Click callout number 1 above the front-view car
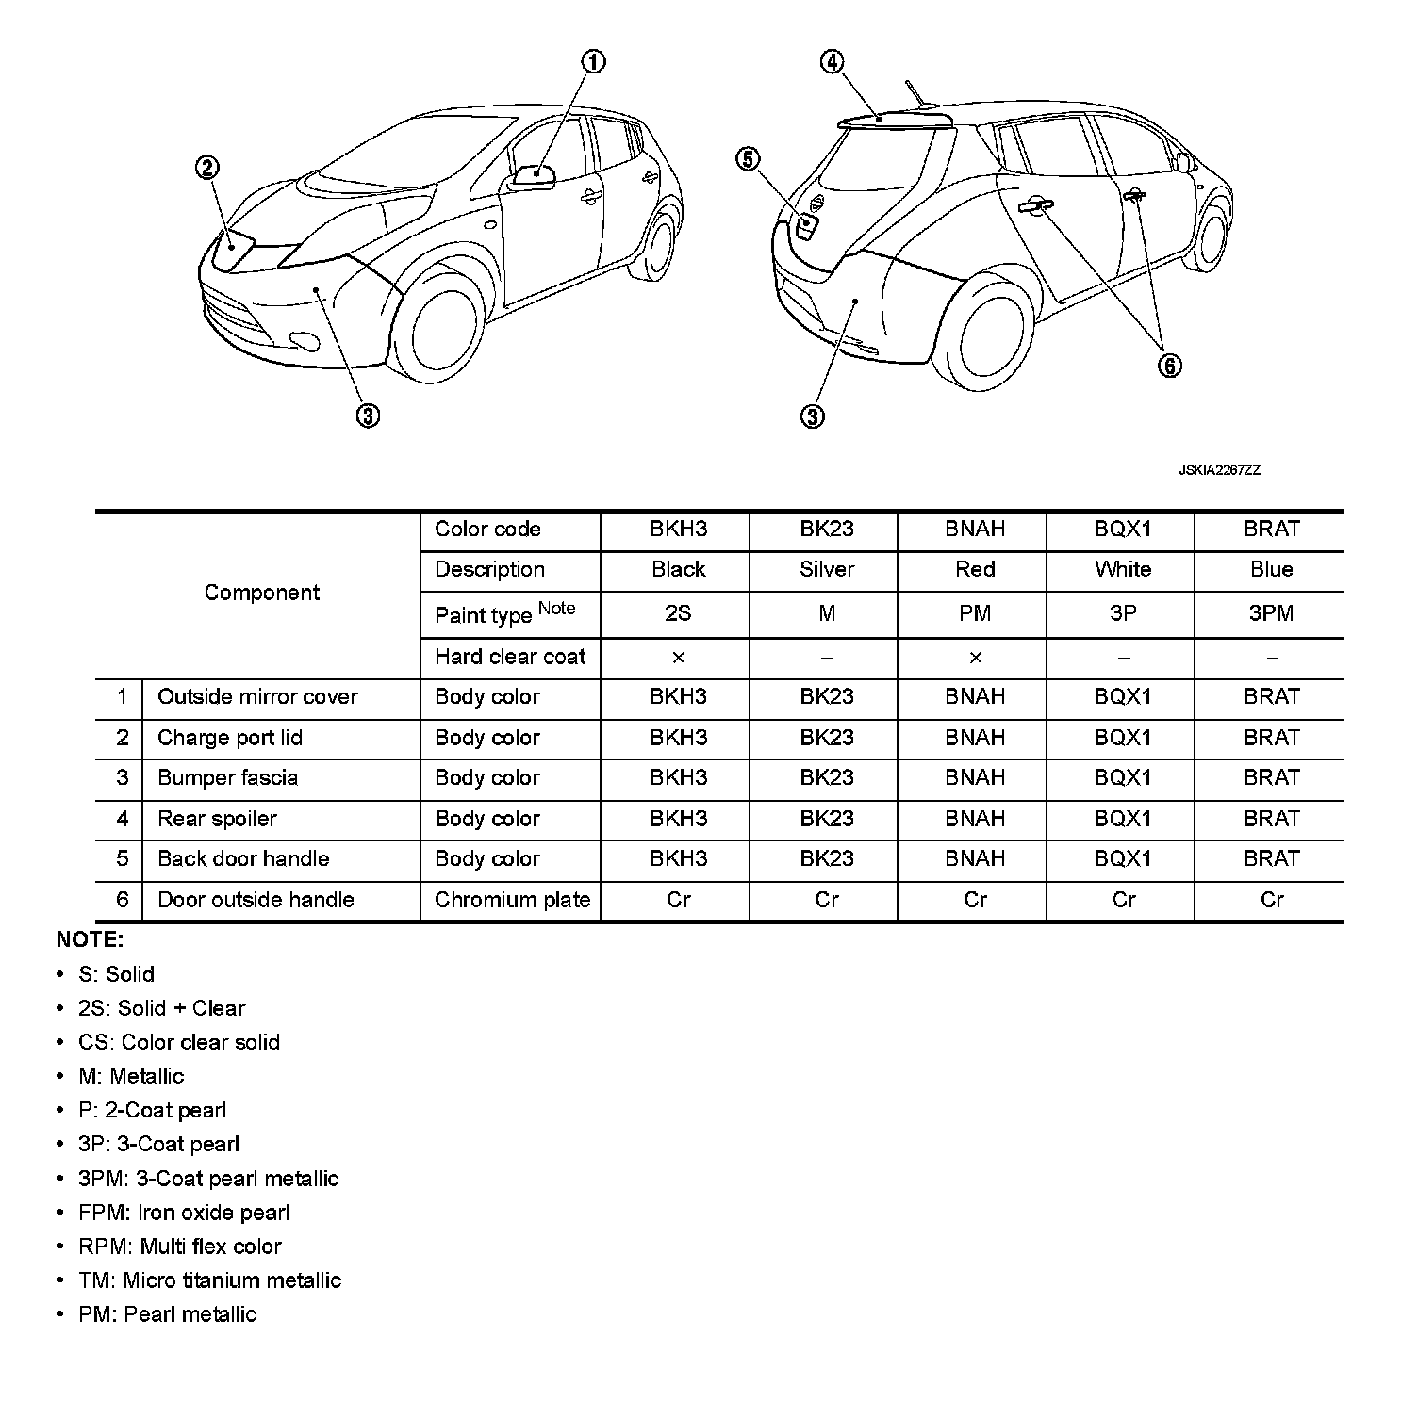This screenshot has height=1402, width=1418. (592, 62)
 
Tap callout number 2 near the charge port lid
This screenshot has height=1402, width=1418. (206, 169)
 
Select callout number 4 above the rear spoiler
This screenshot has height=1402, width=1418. (831, 62)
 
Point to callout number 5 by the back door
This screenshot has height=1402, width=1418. (748, 159)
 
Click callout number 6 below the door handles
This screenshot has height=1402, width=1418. (1169, 366)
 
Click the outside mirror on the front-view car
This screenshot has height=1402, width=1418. (535, 175)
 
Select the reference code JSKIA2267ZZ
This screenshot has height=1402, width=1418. (1218, 470)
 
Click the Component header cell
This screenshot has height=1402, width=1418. (261, 593)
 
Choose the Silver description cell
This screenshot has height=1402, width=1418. (826, 570)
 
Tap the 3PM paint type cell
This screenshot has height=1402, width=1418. (1270, 614)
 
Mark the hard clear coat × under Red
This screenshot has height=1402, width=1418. (975, 658)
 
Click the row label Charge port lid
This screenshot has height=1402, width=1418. (230, 738)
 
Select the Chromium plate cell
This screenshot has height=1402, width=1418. (512, 900)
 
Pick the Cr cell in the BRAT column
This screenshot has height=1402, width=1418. (1271, 900)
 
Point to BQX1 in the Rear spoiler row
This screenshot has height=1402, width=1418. (1122, 819)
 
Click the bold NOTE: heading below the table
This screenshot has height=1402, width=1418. (90, 939)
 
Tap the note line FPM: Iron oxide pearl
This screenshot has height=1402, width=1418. (184, 1213)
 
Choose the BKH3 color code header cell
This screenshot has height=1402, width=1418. (678, 530)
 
